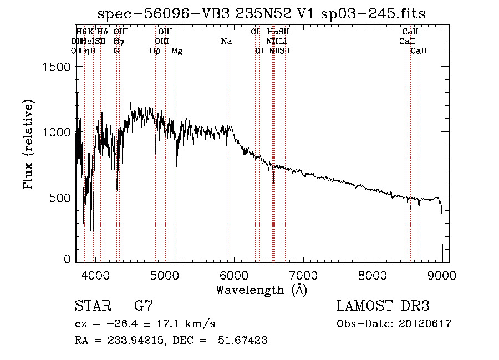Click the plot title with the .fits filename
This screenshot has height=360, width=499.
[x=262, y=14]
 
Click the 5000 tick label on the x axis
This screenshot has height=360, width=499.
[x=164, y=275]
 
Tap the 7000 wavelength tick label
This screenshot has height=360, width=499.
[x=303, y=275]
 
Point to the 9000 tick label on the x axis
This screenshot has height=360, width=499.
[x=442, y=275]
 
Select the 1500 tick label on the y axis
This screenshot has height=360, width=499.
[x=57, y=67]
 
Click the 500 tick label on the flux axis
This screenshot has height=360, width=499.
[x=60, y=198]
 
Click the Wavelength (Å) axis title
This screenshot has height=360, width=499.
[x=261, y=290]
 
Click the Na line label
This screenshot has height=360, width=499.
[x=226, y=42]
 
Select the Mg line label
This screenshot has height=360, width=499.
[x=176, y=51]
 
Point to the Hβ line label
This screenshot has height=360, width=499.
[x=155, y=51]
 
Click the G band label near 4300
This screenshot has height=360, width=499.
[x=116, y=51]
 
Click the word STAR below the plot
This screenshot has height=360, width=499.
[x=91, y=306]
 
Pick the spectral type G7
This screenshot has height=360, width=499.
[x=144, y=306]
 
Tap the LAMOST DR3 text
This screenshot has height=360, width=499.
[x=383, y=306]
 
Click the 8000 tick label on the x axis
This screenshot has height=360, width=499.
[x=373, y=275]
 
